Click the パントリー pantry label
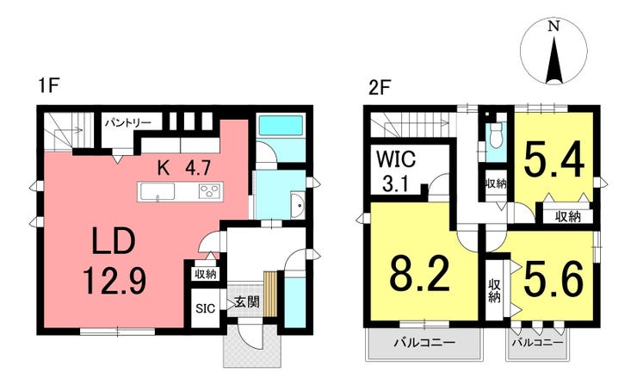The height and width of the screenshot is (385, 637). (x=128, y=123)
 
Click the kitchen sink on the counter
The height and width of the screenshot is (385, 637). (x=156, y=191)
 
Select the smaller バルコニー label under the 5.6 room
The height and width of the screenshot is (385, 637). (x=538, y=342)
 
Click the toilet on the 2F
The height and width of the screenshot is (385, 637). (x=496, y=135)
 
